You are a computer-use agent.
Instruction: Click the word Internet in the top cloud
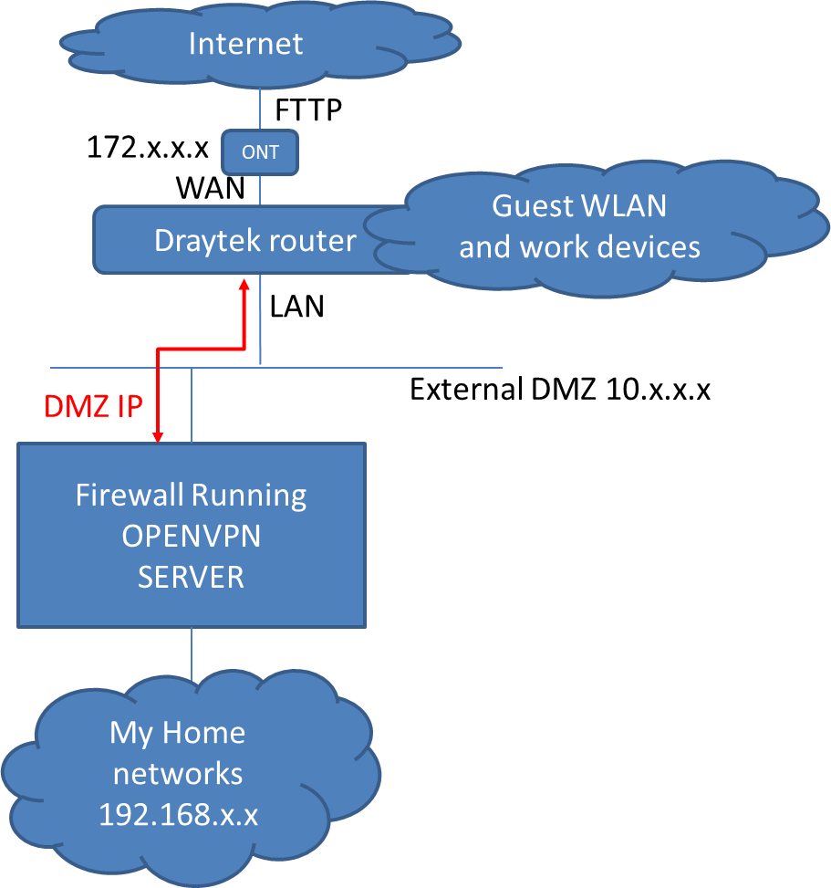point(245,44)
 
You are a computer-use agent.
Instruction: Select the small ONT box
point(260,152)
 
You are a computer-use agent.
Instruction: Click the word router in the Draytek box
point(310,240)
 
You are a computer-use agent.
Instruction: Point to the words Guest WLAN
point(579,206)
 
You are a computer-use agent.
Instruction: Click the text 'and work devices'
point(579,246)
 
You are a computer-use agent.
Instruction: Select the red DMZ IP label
point(94,405)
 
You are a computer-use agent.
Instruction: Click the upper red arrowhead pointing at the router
point(244,286)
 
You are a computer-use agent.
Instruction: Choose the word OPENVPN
point(191,536)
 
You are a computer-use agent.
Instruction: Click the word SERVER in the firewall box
point(191,577)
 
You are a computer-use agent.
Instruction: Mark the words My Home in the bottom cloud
point(178,732)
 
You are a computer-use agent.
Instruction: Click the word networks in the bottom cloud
point(178,774)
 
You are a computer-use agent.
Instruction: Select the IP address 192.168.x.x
point(178,815)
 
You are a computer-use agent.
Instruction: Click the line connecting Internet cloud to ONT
point(260,109)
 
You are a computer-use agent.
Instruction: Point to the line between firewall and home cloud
point(192,653)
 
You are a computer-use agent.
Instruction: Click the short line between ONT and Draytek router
point(260,190)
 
